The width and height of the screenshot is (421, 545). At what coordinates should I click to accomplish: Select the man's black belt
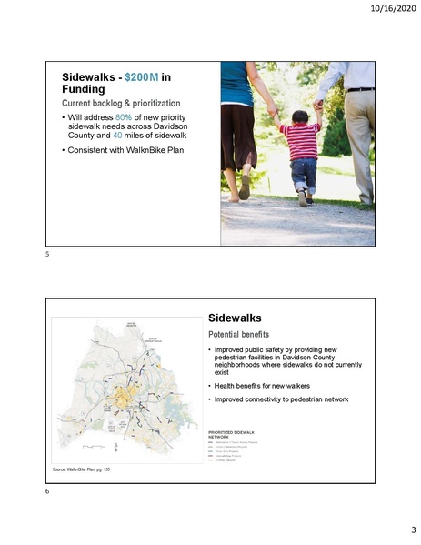point(360,89)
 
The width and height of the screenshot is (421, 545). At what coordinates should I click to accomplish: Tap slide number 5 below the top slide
point(45,255)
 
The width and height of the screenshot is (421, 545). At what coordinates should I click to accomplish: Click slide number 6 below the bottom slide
point(45,491)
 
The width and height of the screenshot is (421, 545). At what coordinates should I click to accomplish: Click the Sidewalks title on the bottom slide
point(235,319)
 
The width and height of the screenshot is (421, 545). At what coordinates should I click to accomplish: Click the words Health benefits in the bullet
point(241,386)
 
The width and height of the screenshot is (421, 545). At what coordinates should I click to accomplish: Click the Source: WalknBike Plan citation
point(80,469)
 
